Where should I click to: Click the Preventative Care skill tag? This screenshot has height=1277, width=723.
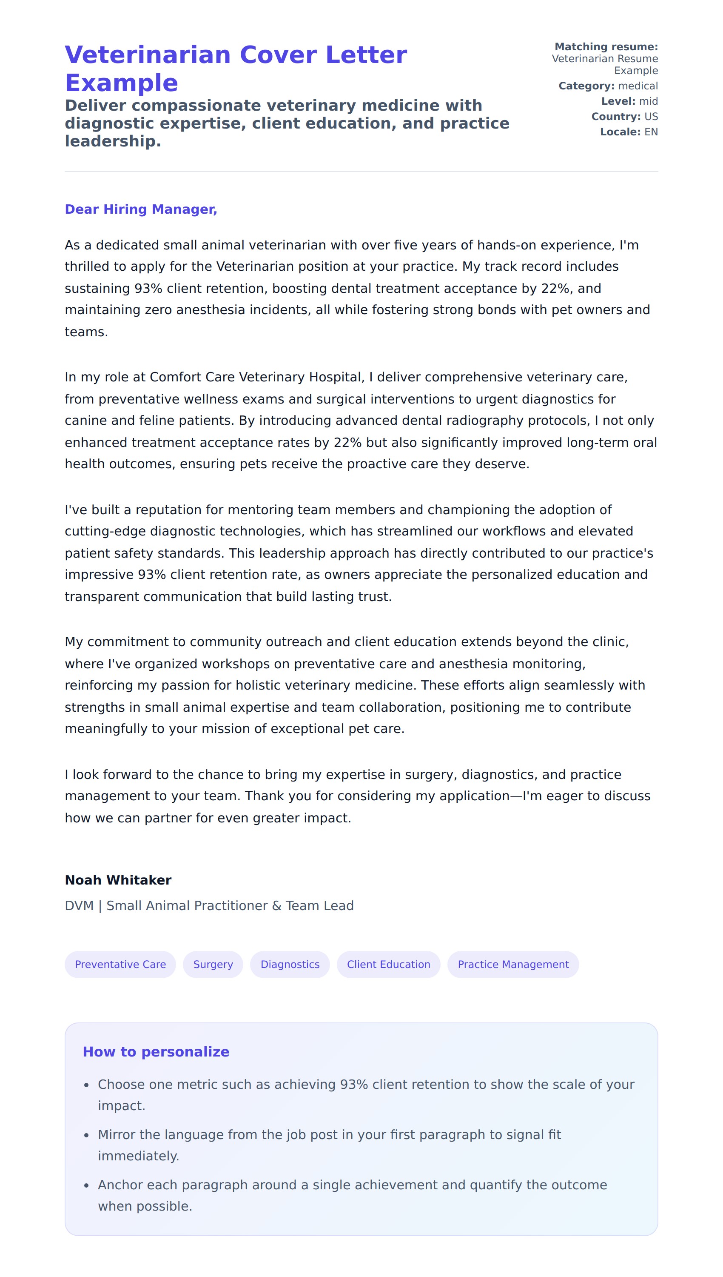[x=120, y=965]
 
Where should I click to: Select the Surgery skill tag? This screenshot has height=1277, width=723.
[x=213, y=965]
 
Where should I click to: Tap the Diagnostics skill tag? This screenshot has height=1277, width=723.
[x=290, y=965]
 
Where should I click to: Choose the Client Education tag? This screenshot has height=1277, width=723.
[x=388, y=965]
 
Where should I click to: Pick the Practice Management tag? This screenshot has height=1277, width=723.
[x=513, y=965]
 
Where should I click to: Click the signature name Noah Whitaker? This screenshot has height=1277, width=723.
[x=118, y=880]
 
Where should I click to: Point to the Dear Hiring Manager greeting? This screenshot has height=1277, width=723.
[x=141, y=209]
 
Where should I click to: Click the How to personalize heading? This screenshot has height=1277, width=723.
[x=156, y=1051]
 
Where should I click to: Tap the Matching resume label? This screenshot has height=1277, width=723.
[x=606, y=47]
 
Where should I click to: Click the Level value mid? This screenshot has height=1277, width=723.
[x=648, y=101]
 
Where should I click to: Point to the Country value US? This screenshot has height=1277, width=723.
[x=651, y=117]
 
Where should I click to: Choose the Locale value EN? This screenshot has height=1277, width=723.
[x=651, y=132]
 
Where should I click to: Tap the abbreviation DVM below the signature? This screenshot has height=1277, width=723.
[x=79, y=906]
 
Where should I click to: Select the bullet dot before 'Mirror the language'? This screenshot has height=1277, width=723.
[x=86, y=1135]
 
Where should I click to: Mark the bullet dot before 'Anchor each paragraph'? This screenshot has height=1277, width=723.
[x=86, y=1185]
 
